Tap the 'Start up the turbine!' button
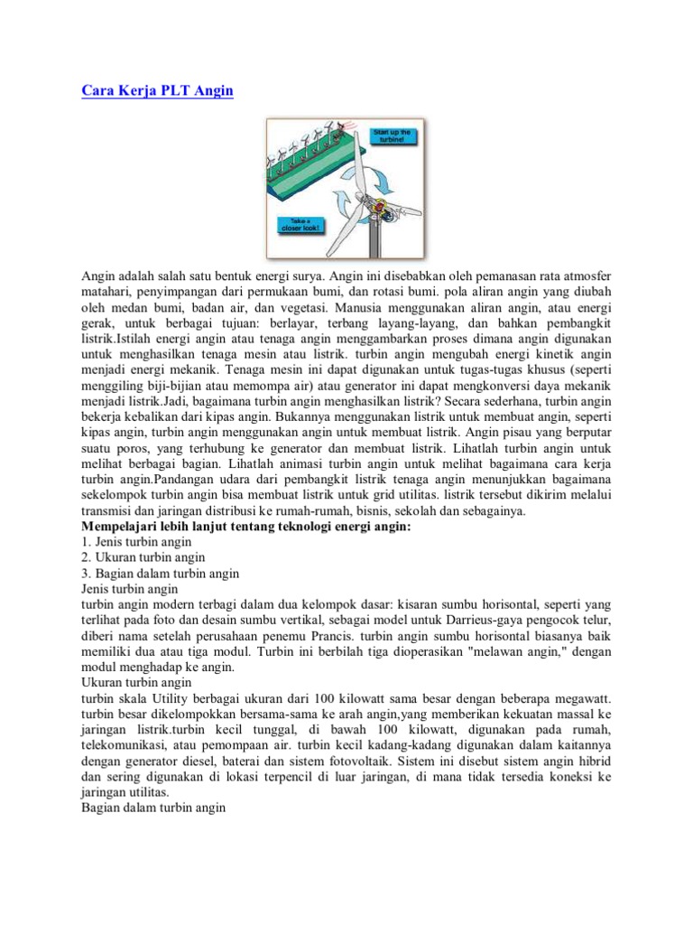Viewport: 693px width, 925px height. point(393,137)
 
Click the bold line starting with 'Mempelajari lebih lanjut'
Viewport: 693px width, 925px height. point(245,527)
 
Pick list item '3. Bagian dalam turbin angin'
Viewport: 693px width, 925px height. point(160,573)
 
